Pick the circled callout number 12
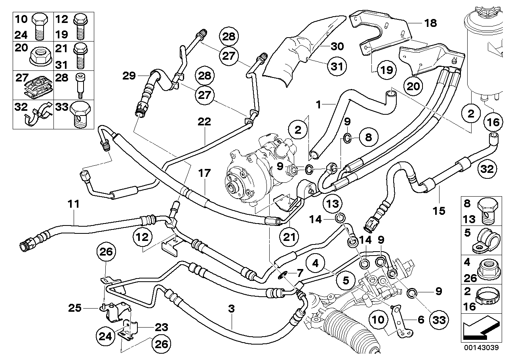143,237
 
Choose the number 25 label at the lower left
75,307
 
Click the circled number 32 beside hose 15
487,169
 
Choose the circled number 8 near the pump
368,138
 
